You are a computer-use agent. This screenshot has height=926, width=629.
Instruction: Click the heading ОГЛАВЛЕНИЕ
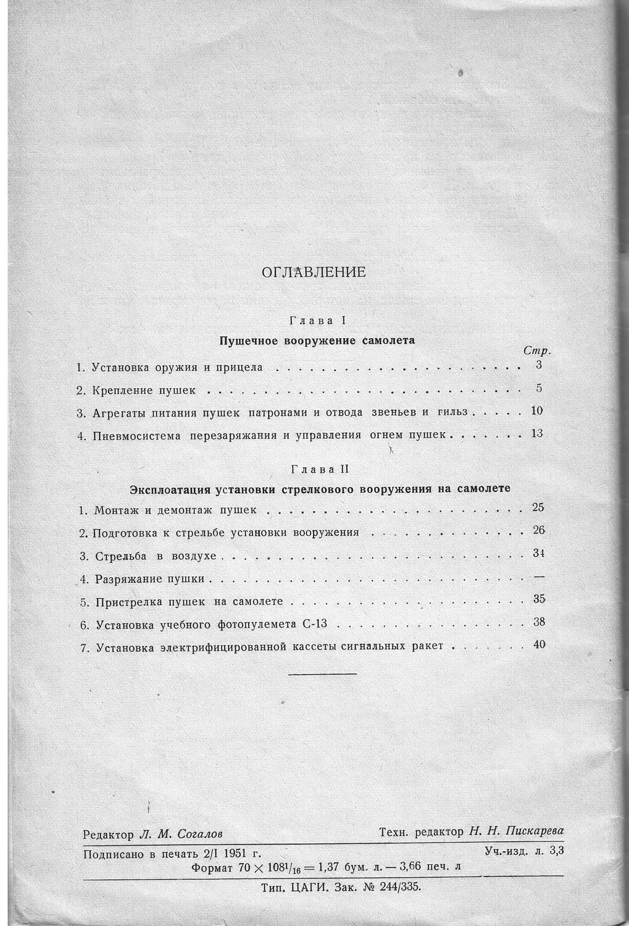pyautogui.click(x=314, y=272)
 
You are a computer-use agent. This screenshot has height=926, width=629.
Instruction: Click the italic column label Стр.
pyautogui.click(x=536, y=351)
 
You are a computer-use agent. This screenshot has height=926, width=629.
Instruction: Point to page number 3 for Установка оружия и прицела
pyautogui.click(x=539, y=365)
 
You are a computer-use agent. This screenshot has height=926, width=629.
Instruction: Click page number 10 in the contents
pyautogui.click(x=536, y=411)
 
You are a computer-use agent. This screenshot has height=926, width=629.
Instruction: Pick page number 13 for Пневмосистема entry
pyautogui.click(x=536, y=433)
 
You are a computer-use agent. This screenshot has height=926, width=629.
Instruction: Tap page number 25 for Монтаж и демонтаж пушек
pyautogui.click(x=538, y=507)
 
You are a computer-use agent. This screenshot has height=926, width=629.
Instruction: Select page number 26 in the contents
pyautogui.click(x=538, y=530)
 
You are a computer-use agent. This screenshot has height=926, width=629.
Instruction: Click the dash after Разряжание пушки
pyautogui.click(x=538, y=576)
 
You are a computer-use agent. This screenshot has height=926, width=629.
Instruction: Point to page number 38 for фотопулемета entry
pyautogui.click(x=539, y=622)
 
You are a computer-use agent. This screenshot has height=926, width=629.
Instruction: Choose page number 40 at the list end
pyautogui.click(x=539, y=645)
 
